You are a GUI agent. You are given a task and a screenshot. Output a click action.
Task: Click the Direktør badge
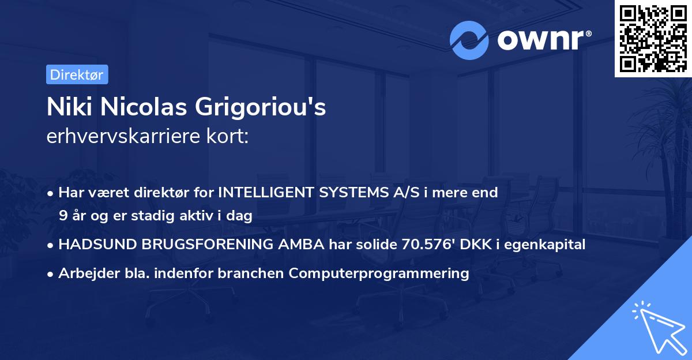coord(76,74)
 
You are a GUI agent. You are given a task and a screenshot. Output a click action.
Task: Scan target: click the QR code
coord(653,39)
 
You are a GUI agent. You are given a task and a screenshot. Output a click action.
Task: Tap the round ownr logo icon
coord(469,40)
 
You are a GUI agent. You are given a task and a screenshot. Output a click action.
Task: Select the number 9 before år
coord(62,216)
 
